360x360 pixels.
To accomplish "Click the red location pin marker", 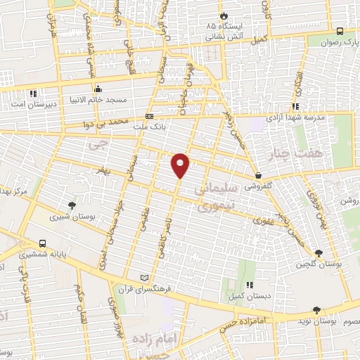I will [x=181, y=165].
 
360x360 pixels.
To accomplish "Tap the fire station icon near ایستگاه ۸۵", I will [x=224, y=15].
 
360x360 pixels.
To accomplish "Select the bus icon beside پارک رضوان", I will [x=340, y=32].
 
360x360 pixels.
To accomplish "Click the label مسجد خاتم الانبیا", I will [x=97, y=100].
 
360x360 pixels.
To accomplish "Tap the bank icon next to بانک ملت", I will [x=149, y=115].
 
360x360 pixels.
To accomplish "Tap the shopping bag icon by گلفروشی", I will [x=259, y=175].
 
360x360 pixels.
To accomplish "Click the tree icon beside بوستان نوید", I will [x=317, y=310].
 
